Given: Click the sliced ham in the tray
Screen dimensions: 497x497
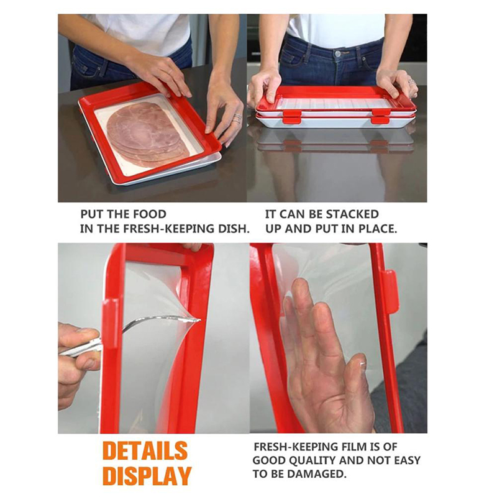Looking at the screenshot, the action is [146, 135].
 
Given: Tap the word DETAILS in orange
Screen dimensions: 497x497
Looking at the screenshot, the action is [145, 450].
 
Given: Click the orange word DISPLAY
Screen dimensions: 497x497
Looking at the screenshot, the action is [147, 475].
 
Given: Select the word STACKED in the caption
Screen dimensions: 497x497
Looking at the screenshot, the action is [352, 214].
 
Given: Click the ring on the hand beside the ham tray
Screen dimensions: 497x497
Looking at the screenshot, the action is [237, 117].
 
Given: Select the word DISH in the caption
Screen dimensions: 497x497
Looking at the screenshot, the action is [234, 229].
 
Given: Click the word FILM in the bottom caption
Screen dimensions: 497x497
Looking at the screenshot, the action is [351, 447].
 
